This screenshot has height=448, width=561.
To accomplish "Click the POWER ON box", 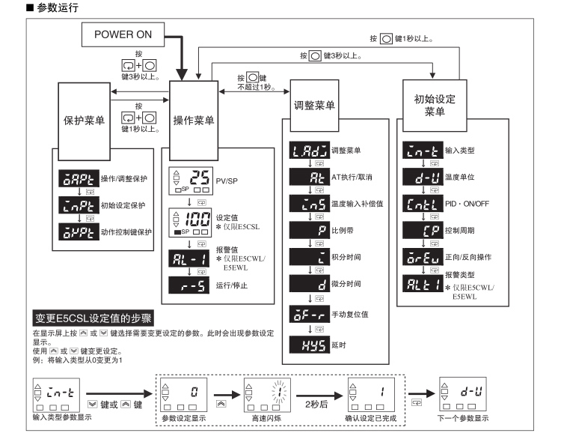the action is tap(123, 34).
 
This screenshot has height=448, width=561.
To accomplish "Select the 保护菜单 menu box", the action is tap(84, 121).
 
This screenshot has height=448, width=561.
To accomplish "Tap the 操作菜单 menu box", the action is tap(194, 121).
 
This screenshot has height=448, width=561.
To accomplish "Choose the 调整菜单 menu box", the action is tap(314, 106).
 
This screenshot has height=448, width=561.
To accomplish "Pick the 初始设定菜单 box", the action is tap(435, 106).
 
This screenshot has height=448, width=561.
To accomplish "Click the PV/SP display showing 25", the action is tap(191, 181).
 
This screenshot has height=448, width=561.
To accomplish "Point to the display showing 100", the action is tap(190, 223).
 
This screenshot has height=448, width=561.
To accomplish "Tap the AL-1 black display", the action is tap(189, 258).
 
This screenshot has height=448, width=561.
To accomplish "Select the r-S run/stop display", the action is tap(189, 285).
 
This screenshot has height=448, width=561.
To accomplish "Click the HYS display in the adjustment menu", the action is tap(310, 345).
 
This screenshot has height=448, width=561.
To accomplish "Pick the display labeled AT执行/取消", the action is tap(310, 177).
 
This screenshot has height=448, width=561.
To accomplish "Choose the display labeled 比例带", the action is tap(310, 230).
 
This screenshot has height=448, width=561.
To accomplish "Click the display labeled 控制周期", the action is tap(423, 230).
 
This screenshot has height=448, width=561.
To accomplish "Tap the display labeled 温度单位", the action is tap(423, 177).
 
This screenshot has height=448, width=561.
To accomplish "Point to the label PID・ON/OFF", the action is tap(467, 204).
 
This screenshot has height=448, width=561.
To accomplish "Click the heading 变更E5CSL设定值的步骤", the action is tap(93, 318).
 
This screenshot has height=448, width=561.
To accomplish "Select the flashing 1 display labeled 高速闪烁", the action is tap(267, 395).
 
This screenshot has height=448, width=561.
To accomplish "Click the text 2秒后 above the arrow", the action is tap(316, 405).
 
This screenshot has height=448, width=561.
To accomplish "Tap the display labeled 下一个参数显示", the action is tap(462, 394).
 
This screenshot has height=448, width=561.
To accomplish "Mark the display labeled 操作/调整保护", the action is tap(79, 178).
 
